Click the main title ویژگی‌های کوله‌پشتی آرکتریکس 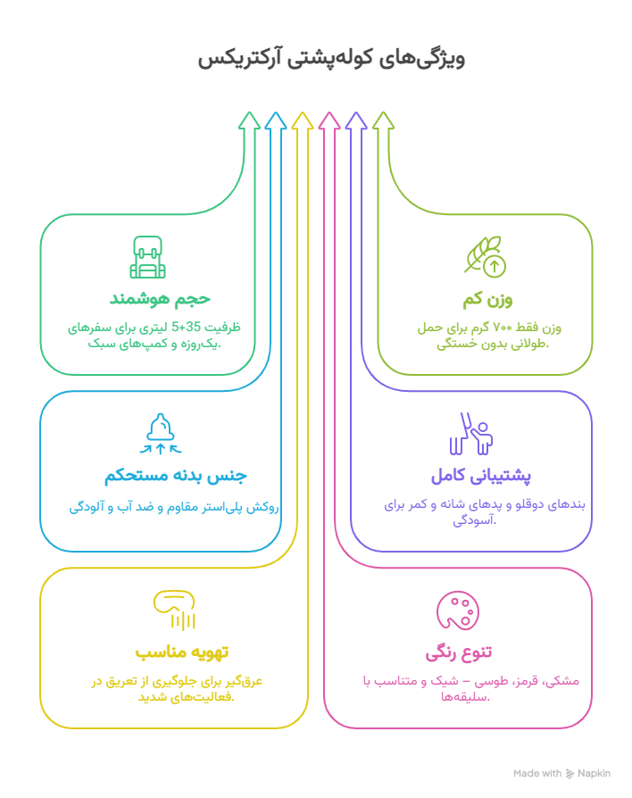pyautogui.click(x=331, y=59)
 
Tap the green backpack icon pyautogui.click(x=147, y=257)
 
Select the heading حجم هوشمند pyautogui.click(x=161, y=298)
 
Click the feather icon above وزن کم pyautogui.click(x=485, y=257)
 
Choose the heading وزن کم pyautogui.click(x=487, y=300)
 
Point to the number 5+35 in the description pyautogui.click(x=187, y=326)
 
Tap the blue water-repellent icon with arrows pyautogui.click(x=161, y=434)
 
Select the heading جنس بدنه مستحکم pyautogui.click(x=176, y=476)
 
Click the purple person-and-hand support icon pyautogui.click(x=471, y=434)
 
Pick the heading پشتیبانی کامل pyautogui.click(x=481, y=476)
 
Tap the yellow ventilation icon pyautogui.click(x=174, y=611)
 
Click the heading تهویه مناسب pyautogui.click(x=182, y=652)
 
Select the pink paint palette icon pyautogui.click(x=457, y=611)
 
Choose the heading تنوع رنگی pyautogui.click(x=459, y=653)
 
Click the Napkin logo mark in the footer pyautogui.click(x=570, y=774)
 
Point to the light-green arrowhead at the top pyautogui.click(x=383, y=121)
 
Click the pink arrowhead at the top pyautogui.click(x=329, y=121)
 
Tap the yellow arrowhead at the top pyautogui.click(x=303, y=121)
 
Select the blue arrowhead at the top pyautogui.click(x=276, y=121)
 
